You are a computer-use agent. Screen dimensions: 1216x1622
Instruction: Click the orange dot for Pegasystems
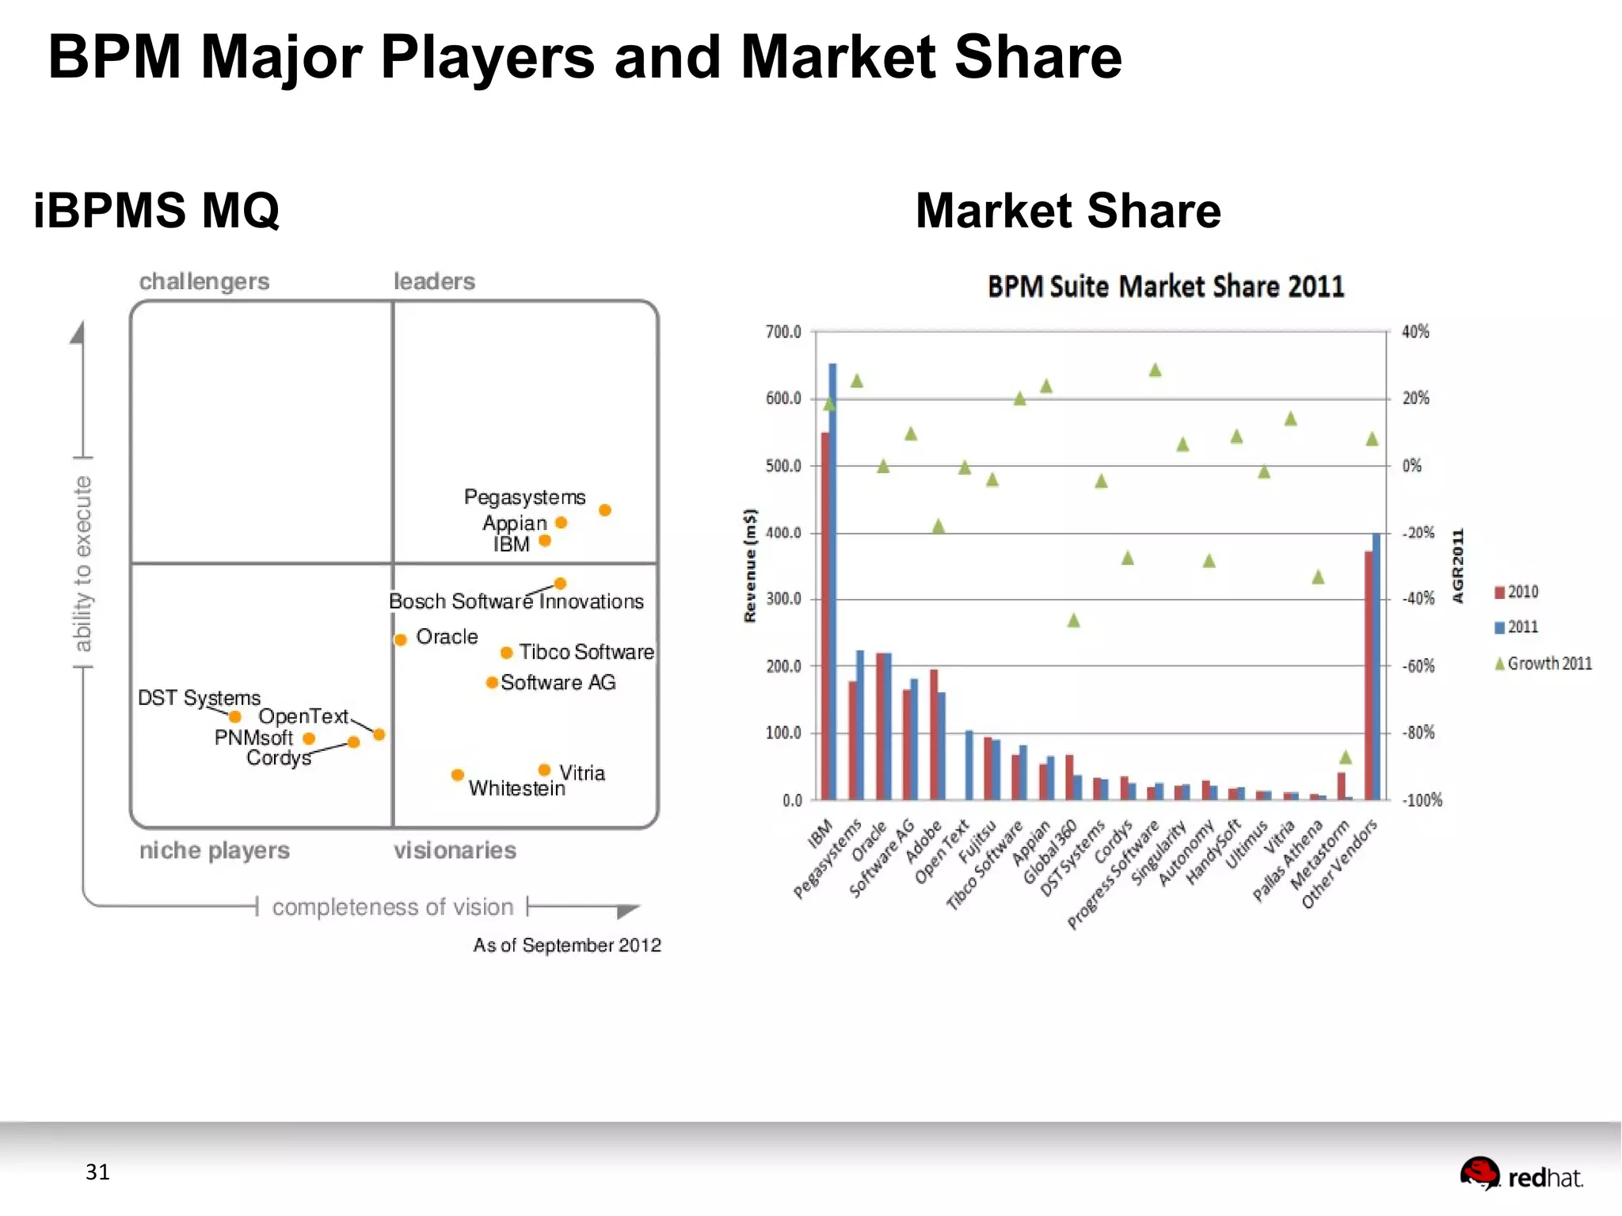(604, 509)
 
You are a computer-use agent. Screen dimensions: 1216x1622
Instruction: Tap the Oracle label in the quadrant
(447, 636)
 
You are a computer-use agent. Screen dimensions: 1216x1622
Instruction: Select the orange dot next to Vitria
(544, 769)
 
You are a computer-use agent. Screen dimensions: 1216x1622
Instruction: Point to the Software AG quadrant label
(558, 682)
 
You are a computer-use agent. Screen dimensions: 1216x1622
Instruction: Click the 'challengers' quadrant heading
(204, 281)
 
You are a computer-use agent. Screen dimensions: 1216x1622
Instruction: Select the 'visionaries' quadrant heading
(455, 850)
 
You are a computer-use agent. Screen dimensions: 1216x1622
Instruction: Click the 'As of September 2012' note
(566, 945)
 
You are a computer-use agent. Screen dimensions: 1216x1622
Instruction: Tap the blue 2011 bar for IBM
(832, 578)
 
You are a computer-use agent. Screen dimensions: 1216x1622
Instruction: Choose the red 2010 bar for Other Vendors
(1368, 673)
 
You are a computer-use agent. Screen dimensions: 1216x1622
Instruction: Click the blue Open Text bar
(969, 764)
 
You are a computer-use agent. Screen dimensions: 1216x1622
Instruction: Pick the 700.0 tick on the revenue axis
(783, 332)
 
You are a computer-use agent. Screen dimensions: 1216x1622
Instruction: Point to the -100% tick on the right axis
(1422, 800)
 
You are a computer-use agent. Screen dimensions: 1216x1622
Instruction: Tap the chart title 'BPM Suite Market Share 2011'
(1165, 287)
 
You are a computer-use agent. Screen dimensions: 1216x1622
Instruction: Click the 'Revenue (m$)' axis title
(750, 565)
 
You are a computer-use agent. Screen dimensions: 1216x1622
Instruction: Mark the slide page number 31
(97, 1172)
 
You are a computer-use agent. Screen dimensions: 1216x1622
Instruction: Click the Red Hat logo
(1521, 1176)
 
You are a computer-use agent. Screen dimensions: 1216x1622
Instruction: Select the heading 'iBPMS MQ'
(156, 211)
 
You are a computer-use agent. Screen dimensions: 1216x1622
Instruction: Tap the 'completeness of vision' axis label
(392, 906)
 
